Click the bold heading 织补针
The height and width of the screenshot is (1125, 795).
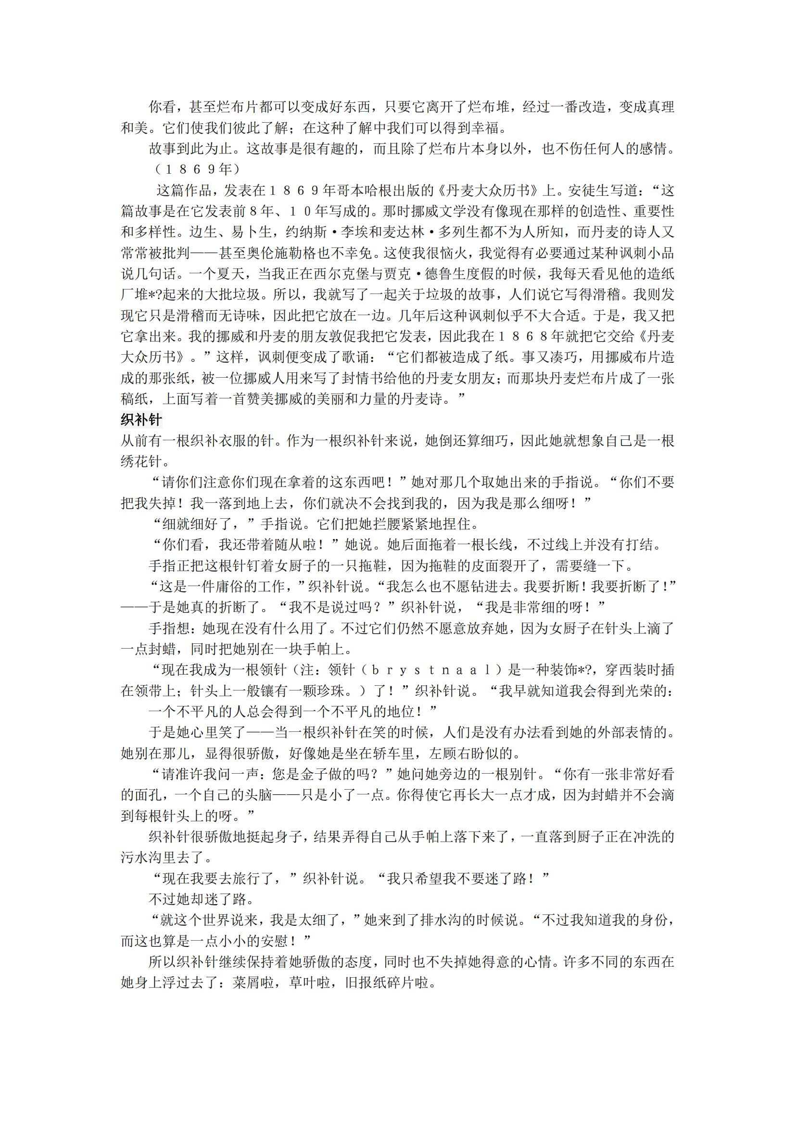[x=141, y=420]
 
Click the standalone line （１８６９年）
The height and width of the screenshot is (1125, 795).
[x=197, y=169]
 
